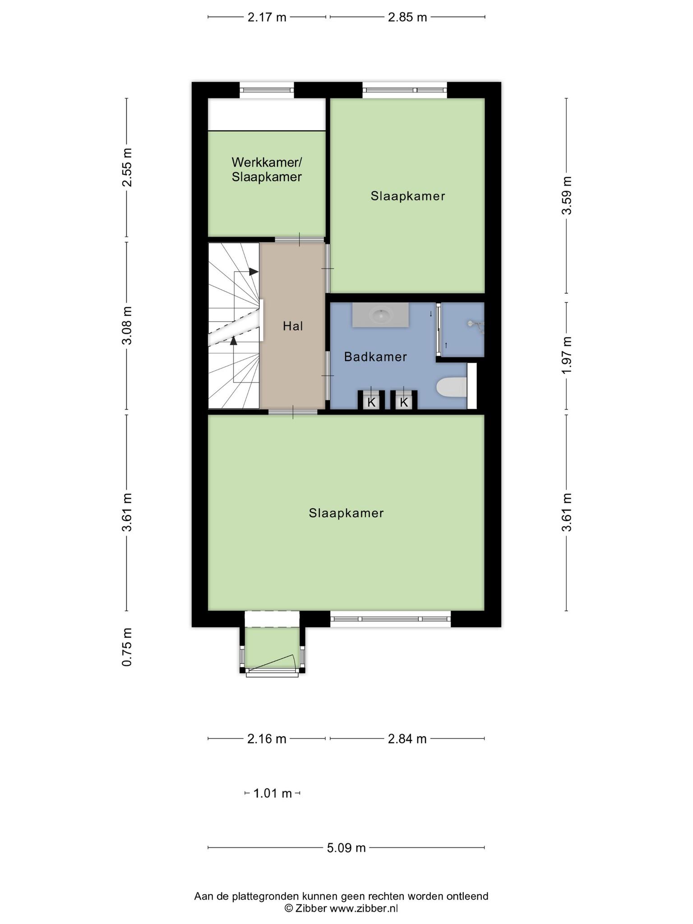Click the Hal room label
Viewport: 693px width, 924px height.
[293, 326]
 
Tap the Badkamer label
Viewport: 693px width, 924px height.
[375, 357]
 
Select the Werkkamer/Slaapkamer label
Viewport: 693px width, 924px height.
[267, 169]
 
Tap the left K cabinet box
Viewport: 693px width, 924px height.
[371, 402]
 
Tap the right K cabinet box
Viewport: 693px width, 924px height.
[404, 402]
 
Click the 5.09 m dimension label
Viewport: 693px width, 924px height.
[346, 848]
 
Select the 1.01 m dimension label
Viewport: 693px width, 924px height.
[273, 793]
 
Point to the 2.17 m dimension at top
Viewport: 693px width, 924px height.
[267, 17]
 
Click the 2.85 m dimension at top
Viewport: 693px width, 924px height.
[407, 17]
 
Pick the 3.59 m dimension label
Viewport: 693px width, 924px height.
[567, 195]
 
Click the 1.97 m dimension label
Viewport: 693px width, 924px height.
[567, 355]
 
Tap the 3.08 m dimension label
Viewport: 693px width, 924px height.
[127, 325]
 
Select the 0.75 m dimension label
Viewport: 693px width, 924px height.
[127, 647]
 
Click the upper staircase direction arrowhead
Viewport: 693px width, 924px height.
[254, 272]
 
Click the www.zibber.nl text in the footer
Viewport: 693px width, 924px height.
[364, 908]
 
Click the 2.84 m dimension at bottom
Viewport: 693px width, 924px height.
[407, 739]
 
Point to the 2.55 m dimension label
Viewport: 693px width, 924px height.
[127, 167]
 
